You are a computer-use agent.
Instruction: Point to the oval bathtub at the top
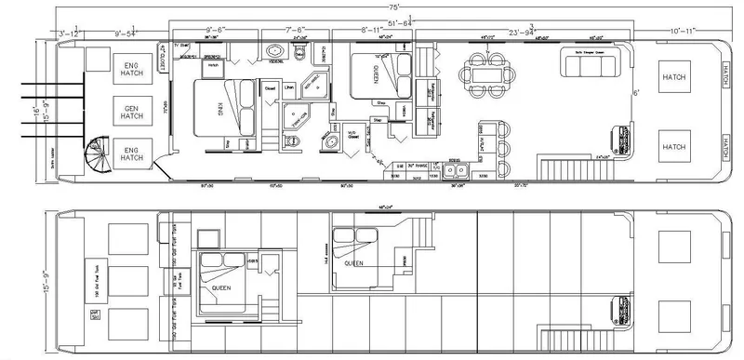275,52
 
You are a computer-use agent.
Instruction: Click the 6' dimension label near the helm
636,92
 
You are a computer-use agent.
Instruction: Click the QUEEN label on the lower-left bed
220,287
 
